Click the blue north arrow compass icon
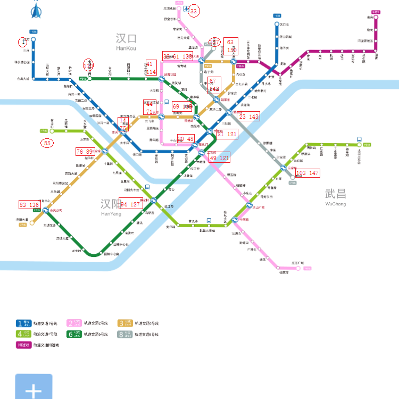click(36, 10)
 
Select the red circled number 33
click(194, 11)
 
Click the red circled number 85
click(47, 143)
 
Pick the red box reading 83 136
click(30, 205)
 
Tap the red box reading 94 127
click(131, 205)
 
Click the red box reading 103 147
click(307, 173)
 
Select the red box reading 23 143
click(249, 117)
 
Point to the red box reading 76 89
click(85, 152)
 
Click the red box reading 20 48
click(186, 138)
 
